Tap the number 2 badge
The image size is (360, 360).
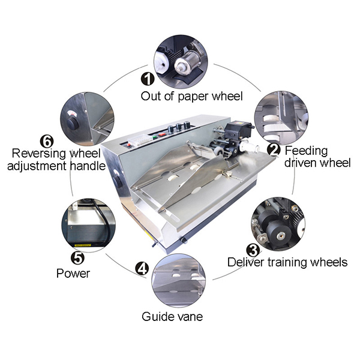click(x=274, y=149)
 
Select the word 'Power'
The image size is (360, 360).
click(x=73, y=274)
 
